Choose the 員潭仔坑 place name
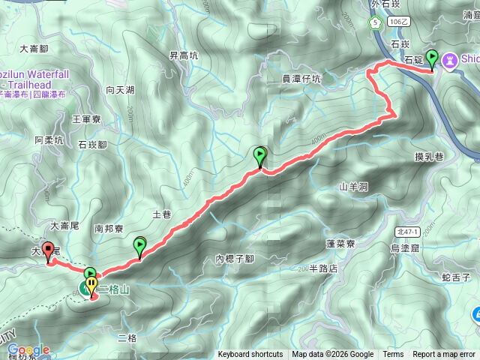(x=301, y=78)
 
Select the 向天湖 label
(x=120, y=90)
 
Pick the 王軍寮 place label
(x=86, y=118)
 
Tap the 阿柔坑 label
(x=49, y=139)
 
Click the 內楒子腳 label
(x=235, y=259)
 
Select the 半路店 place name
(x=323, y=268)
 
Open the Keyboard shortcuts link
(x=250, y=355)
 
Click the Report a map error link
(x=445, y=355)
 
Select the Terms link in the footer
(x=393, y=355)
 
